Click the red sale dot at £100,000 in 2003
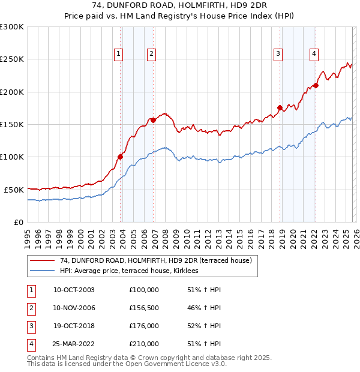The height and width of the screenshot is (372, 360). pos(120,157)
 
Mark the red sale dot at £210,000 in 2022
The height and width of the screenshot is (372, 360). pos(316,85)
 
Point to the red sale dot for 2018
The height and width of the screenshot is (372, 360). pos(280,108)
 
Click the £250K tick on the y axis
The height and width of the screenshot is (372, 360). pos(13,59)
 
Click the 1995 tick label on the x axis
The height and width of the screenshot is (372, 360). pos(28,234)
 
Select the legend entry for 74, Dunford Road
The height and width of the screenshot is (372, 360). pos(159,260)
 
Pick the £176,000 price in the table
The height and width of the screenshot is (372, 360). pos(144,326)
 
